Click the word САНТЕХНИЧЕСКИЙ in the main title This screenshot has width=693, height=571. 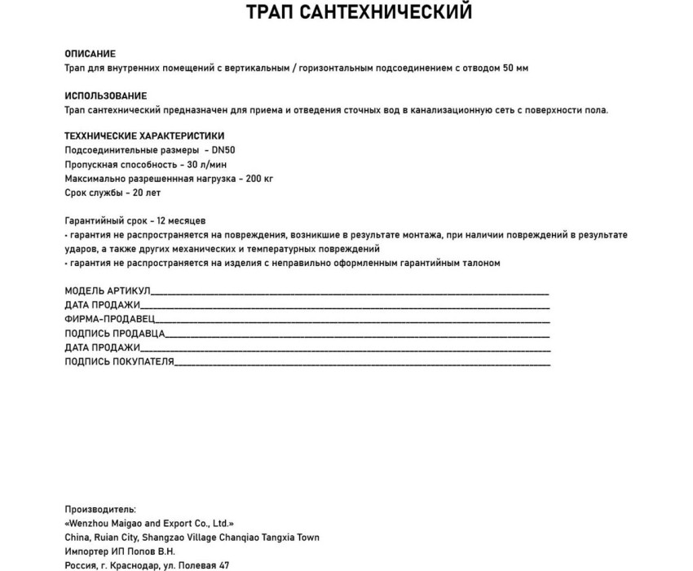tap(391, 13)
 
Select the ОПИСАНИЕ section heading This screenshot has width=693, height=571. tap(90, 54)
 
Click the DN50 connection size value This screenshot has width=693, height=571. tap(223, 151)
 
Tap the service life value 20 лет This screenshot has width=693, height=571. tap(146, 193)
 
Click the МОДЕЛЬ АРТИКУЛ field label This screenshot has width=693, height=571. tap(108, 291)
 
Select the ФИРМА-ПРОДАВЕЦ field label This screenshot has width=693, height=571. tap(109, 319)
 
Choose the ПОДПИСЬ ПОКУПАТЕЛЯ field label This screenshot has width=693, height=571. tap(119, 361)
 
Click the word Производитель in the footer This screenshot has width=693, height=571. tap(100, 510)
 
